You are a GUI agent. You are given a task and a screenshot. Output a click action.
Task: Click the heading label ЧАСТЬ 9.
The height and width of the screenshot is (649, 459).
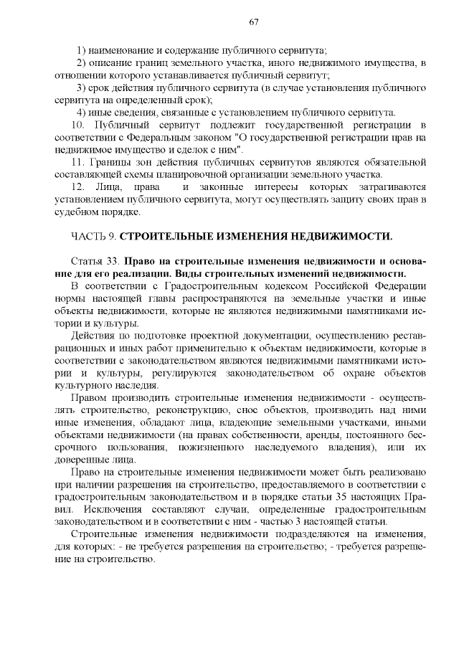tap(93, 236)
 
